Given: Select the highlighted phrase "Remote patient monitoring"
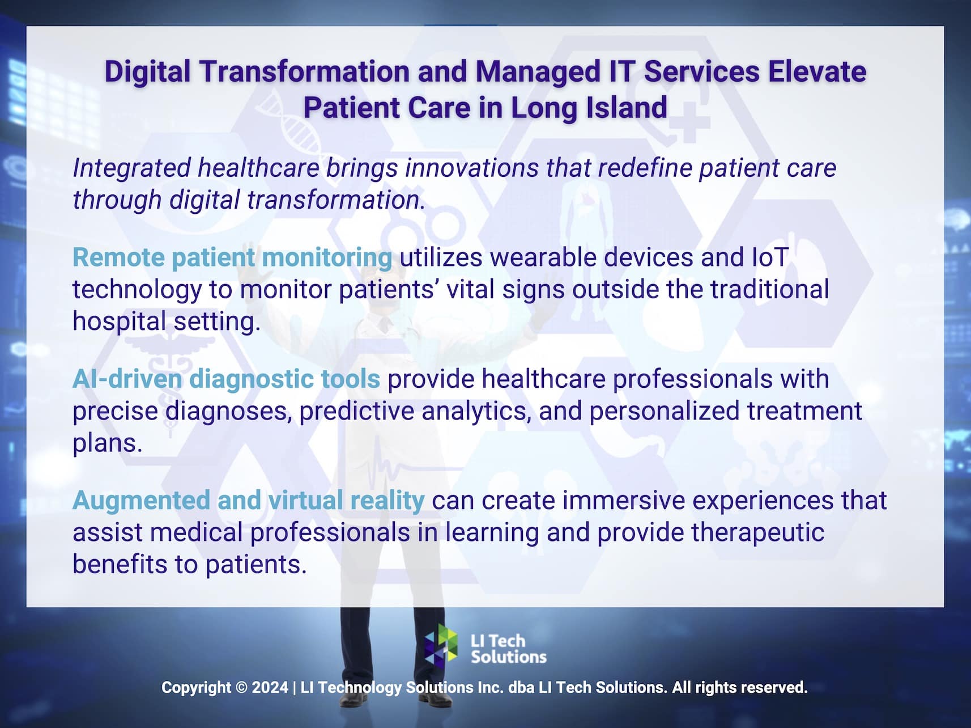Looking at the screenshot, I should [x=232, y=257].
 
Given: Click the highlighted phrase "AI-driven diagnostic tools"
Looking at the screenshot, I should [x=226, y=379].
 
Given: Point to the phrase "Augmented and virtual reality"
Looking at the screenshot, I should [x=248, y=500].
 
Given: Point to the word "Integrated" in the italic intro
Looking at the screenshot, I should [x=131, y=168].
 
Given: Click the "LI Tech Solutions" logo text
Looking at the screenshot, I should [x=508, y=649].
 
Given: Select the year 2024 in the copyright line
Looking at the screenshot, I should [x=270, y=688].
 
